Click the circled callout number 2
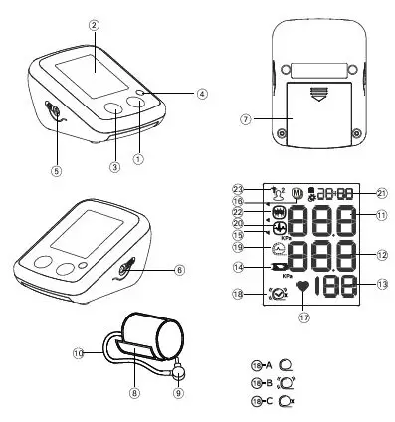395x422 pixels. click(x=94, y=24)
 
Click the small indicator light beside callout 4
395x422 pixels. click(x=143, y=93)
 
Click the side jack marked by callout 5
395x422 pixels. click(x=53, y=114)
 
